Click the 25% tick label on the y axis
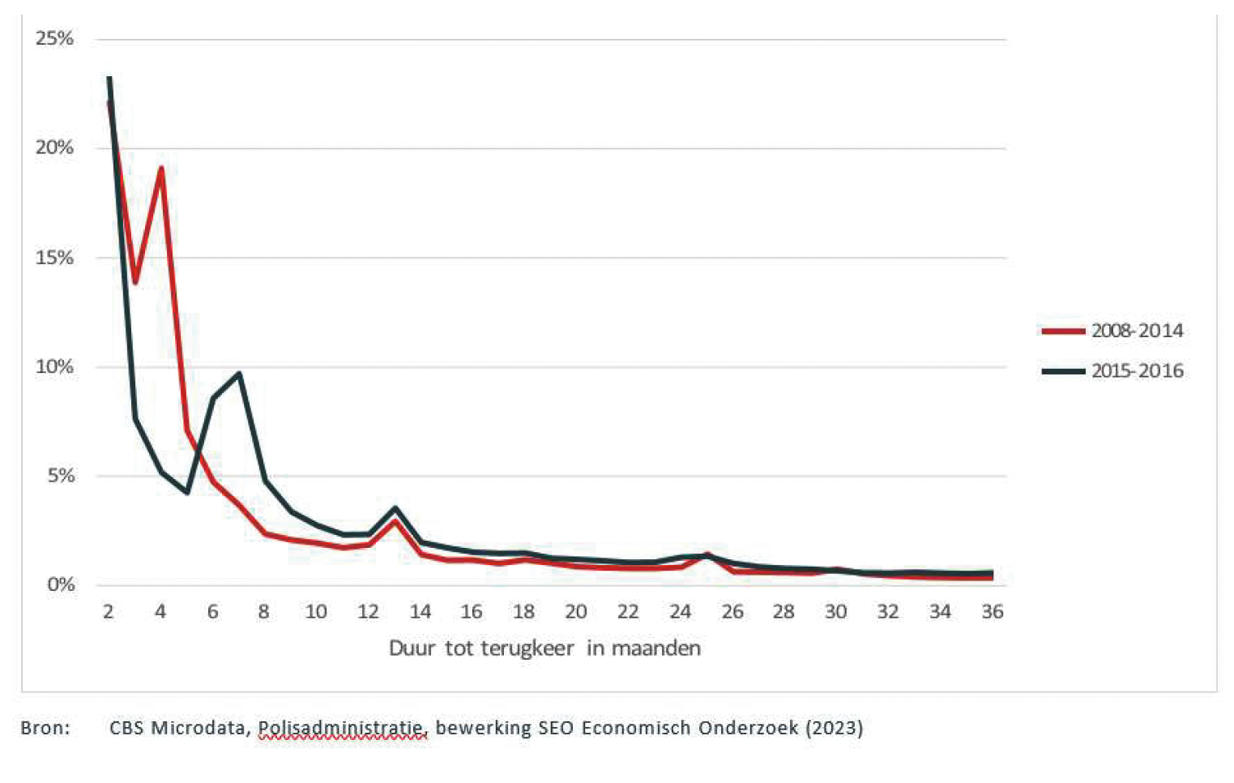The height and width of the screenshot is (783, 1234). click(54, 38)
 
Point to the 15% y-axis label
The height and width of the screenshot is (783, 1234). click(54, 258)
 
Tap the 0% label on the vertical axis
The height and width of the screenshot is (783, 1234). click(60, 584)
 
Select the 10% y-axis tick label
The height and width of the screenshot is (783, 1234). click(54, 366)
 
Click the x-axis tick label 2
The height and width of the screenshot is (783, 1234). click(109, 612)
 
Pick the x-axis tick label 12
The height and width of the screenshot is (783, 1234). click(368, 612)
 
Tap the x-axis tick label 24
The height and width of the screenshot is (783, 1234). click(680, 612)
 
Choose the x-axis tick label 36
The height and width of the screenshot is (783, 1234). click(993, 612)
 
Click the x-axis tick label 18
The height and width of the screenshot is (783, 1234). click(523, 612)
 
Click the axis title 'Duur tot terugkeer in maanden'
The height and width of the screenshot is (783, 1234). click(544, 648)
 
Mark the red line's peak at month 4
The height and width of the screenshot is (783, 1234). click(161, 168)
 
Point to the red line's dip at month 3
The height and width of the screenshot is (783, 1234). click(135, 283)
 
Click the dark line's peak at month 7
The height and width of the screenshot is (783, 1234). click(239, 374)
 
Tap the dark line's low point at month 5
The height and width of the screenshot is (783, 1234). click(187, 492)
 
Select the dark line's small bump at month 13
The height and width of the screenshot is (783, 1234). click(395, 508)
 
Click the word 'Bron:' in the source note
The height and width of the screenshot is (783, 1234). click(45, 728)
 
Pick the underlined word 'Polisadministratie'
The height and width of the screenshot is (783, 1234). click(342, 728)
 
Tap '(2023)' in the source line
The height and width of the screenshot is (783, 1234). click(834, 728)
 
